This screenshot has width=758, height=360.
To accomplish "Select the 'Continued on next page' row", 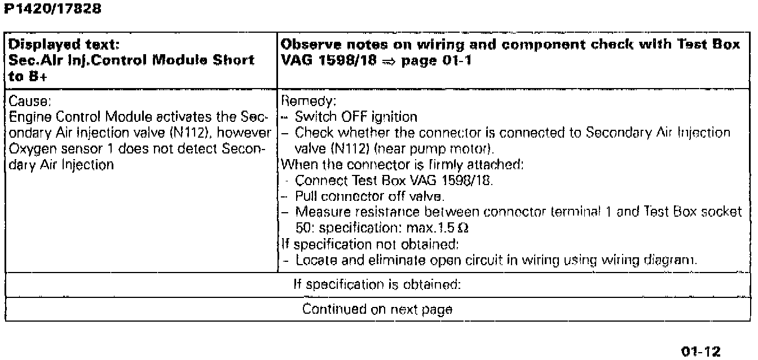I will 377,310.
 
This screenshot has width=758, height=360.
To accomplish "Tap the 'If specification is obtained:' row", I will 377,284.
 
